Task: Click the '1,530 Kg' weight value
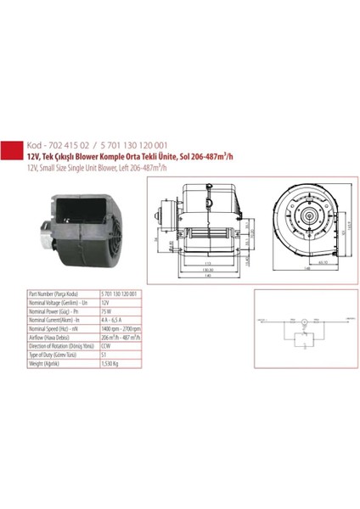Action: pos(111,363)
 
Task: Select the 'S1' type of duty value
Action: pos(104,355)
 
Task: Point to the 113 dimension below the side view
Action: pos(208,264)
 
